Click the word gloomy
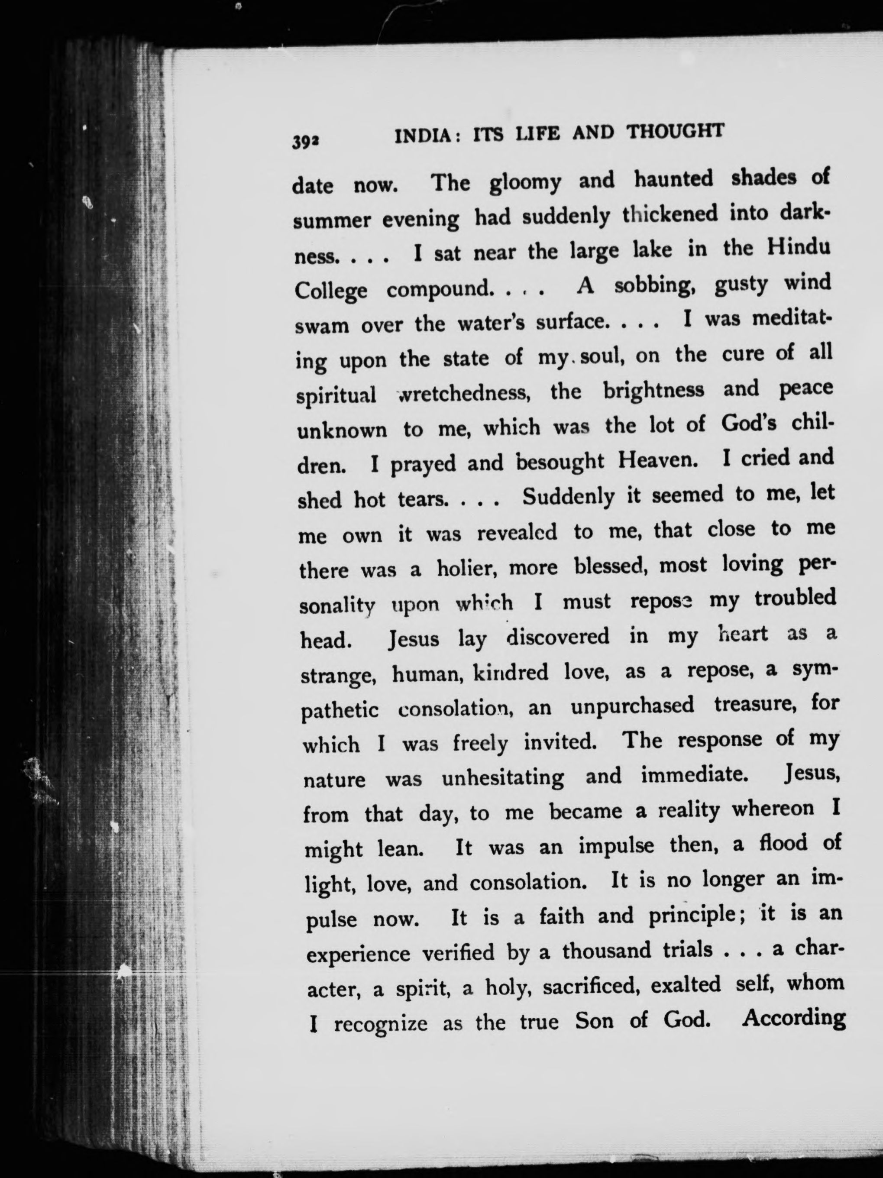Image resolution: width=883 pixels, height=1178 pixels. (x=525, y=183)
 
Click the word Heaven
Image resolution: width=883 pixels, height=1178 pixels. (x=658, y=460)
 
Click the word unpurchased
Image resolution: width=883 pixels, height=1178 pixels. (x=632, y=706)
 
